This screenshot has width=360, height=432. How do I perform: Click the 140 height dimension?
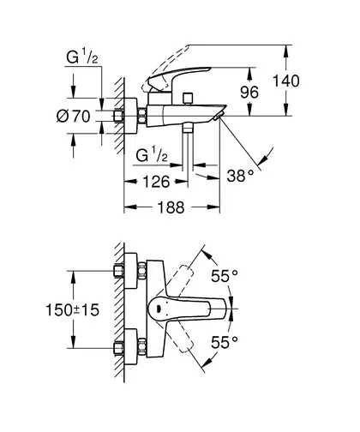pos(286,81)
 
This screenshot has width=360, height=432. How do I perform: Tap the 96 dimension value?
pos(249,93)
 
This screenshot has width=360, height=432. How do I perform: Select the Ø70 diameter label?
pos(74,117)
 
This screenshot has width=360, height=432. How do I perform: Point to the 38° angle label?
pos(240,176)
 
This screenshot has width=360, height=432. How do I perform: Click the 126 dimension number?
pos(156,182)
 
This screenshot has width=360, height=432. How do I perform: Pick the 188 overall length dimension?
pos(171,207)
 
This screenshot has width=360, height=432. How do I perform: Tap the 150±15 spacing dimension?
pos(73,309)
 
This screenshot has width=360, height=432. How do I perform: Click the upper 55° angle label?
pos(225,276)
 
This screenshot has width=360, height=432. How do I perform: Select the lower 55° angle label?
pos(225,342)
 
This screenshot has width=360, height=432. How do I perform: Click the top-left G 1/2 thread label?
pos(82,57)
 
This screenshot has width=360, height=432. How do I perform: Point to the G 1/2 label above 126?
pos(152,155)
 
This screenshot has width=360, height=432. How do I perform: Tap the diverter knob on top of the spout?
pos(188,99)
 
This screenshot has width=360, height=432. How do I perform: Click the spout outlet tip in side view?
pos(219,116)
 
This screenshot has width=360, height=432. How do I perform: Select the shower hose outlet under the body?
pos(188,128)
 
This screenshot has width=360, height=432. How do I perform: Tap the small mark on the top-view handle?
pos(159,309)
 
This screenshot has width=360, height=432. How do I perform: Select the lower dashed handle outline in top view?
pos(179,338)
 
